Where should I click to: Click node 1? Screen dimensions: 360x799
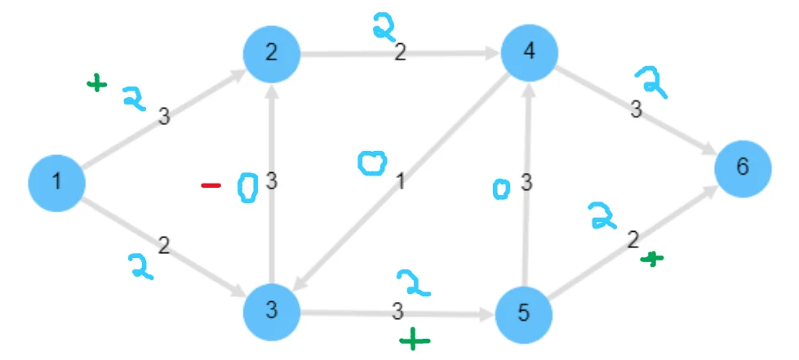[56, 180]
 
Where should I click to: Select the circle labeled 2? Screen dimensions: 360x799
[272, 54]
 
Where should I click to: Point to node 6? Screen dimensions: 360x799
[742, 167]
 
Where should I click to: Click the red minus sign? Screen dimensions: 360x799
[211, 186]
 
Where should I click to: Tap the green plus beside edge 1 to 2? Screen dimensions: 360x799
[97, 82]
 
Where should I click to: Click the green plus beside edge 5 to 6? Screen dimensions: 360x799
[652, 259]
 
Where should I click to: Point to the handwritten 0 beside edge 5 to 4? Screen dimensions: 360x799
[502, 189]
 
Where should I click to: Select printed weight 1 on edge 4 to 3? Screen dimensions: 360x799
[400, 180]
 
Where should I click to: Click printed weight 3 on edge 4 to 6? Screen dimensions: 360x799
[635, 110]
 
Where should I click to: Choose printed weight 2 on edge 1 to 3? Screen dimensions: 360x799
[163, 243]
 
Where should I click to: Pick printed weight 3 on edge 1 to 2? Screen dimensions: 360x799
[164, 117]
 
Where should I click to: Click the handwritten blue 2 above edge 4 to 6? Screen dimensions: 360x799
[652, 83]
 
